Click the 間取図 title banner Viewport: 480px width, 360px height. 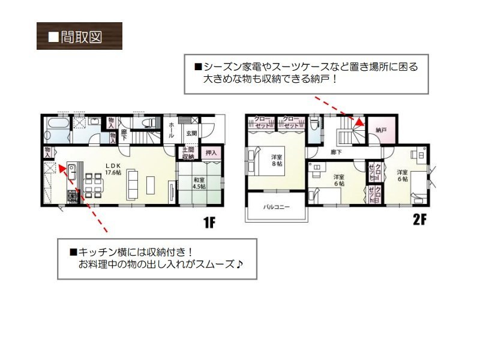click(79, 36)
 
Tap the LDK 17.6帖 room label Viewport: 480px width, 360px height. click(113, 169)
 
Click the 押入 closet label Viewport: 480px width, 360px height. click(211, 153)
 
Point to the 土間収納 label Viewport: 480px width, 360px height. click(188, 154)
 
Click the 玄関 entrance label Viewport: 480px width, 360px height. click(191, 133)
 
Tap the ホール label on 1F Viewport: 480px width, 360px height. click(171, 127)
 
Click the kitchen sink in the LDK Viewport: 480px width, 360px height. click(71, 170)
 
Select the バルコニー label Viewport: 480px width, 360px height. click(276, 207)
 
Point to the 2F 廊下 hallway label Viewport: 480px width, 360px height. click(336, 152)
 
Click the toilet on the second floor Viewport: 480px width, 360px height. click(314, 124)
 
